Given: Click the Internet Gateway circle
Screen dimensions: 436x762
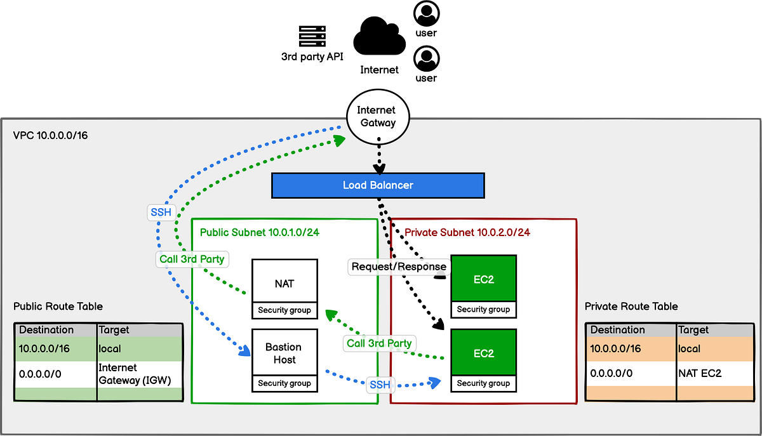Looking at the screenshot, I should [376, 116].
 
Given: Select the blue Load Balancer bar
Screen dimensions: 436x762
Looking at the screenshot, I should [378, 185].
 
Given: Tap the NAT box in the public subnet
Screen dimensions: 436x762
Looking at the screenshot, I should [284, 282].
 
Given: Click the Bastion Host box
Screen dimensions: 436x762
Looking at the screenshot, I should [284, 353].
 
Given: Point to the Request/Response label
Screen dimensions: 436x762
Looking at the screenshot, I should [399, 267].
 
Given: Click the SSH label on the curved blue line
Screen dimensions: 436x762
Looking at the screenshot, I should [161, 212].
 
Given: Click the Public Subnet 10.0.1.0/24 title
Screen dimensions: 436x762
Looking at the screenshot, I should [259, 233].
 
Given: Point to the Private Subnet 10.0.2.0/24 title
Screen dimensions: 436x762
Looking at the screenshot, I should [467, 233].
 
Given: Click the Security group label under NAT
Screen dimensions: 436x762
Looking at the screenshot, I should [284, 310].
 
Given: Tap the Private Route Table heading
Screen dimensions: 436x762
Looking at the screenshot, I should [631, 307].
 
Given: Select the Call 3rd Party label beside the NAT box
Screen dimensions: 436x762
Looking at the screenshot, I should [192, 259].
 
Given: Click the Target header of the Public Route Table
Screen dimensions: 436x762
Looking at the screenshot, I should [114, 330].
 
